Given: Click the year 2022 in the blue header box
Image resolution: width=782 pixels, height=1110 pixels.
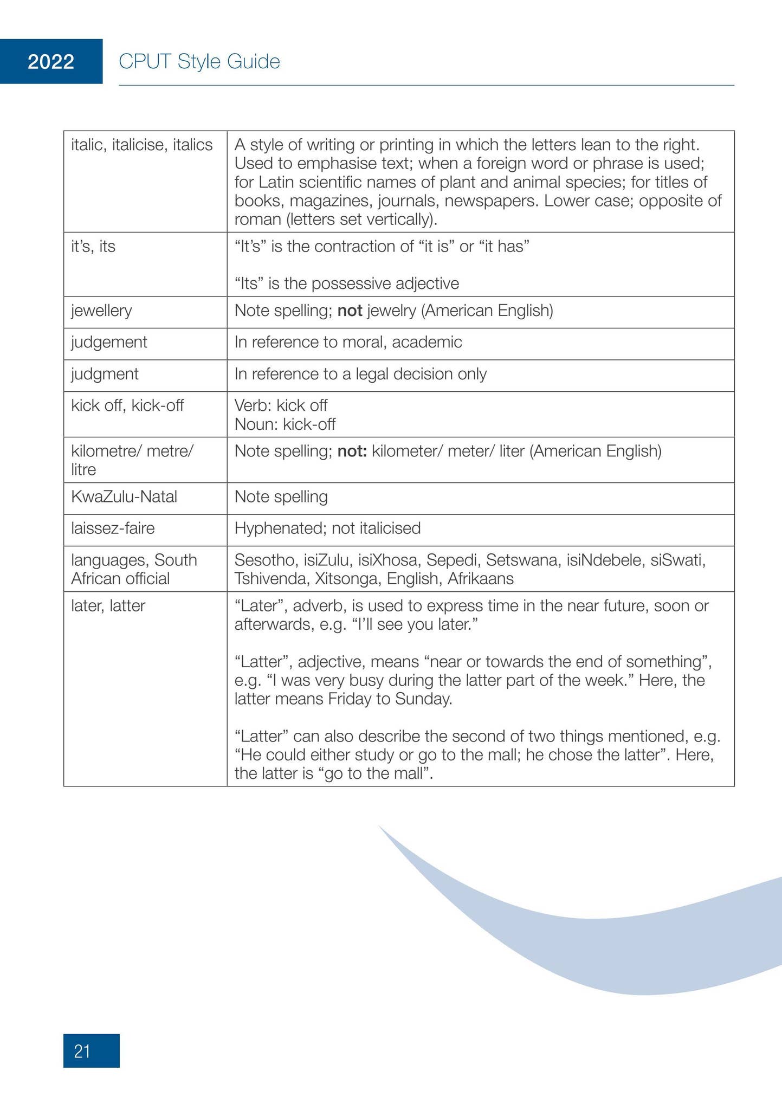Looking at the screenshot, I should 51,62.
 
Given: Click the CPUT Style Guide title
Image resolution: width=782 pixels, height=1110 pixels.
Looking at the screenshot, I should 199,62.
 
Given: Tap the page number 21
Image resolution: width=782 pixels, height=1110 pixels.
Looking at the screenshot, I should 82,1051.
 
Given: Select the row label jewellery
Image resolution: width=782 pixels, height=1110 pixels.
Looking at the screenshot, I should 101,311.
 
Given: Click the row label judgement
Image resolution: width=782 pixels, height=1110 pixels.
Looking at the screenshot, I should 109,342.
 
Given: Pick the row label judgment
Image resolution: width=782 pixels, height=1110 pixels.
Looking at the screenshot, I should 105,374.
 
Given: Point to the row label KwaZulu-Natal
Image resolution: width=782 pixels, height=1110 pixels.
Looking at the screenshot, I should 124,496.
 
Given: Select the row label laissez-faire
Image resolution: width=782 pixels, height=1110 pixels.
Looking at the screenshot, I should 113,528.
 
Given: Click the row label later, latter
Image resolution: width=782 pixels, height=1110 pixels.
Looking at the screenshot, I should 108,605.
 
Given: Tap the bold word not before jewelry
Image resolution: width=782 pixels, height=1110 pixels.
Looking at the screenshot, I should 350,311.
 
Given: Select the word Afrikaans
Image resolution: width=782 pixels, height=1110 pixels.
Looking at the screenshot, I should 480,579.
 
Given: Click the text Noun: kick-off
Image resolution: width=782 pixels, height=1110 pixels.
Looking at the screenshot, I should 285,424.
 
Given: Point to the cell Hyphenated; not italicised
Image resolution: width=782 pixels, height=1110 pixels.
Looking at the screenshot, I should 327,528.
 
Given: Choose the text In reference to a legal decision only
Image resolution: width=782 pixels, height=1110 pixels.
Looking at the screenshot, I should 360,374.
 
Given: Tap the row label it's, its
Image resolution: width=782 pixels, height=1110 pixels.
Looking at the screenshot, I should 93,247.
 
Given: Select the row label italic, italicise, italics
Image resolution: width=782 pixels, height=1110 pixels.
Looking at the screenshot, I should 141,145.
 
